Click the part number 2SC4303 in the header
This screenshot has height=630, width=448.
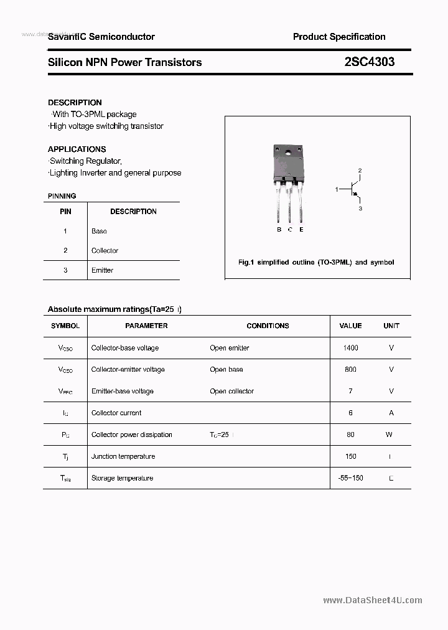(369, 62)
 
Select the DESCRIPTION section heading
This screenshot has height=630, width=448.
(75, 102)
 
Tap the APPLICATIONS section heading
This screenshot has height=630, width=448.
(77, 149)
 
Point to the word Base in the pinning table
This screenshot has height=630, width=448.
(99, 231)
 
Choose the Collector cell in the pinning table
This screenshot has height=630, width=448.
(105, 250)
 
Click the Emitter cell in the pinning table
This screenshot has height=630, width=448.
(102, 270)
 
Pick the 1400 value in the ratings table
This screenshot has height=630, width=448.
(350, 348)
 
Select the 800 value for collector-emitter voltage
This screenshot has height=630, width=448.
(350, 370)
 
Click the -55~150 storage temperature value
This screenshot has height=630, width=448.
(350, 478)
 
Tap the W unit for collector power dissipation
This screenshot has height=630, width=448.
(389, 435)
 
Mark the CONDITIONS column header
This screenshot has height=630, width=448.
(268, 326)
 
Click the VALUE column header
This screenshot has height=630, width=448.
(350, 326)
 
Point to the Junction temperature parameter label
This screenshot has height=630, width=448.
(123, 456)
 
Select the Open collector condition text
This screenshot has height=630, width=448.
(232, 391)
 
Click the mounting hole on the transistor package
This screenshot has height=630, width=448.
(289, 154)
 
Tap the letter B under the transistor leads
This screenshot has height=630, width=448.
(279, 230)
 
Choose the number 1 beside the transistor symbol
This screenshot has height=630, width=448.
(337, 189)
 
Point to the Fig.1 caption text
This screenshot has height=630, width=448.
(316, 263)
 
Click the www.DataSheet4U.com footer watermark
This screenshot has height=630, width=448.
(373, 600)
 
